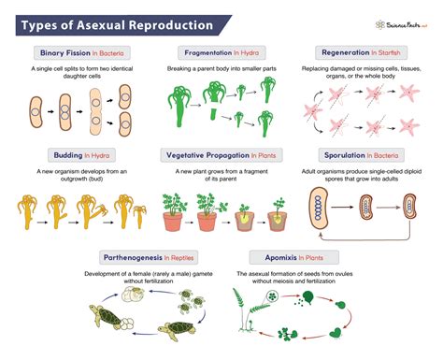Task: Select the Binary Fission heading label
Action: point(66,52)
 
